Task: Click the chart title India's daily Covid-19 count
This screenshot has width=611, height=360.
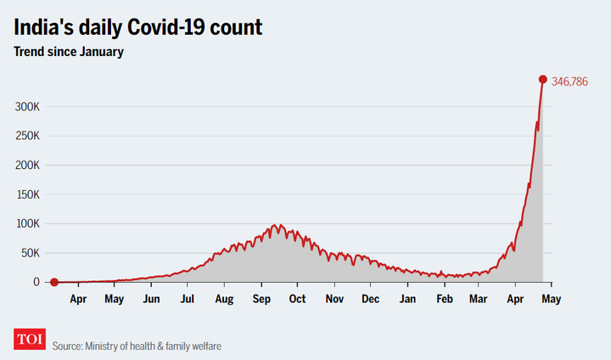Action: (137, 27)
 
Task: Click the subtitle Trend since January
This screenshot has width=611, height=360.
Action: (68, 53)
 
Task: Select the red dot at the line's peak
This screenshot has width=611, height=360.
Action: (543, 80)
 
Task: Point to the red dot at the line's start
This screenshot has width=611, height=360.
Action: (53, 282)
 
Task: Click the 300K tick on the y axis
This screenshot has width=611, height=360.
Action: (28, 107)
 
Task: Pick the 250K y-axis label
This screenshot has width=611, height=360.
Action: (28, 136)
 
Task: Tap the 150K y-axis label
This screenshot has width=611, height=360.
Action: (28, 194)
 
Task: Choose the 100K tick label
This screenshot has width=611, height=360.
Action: (28, 223)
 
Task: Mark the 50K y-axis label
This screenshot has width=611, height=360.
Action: (31, 253)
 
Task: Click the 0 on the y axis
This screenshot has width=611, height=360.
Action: (36, 282)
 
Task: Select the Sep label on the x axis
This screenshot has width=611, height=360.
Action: (261, 299)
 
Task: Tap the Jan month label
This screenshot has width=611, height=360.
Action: (408, 299)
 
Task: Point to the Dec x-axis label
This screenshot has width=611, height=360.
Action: (370, 299)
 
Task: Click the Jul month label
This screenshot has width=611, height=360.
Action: (188, 299)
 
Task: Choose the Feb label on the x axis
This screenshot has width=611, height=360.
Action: (445, 299)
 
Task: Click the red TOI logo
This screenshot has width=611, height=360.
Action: (30, 339)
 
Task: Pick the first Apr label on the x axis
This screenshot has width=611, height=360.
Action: (78, 299)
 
